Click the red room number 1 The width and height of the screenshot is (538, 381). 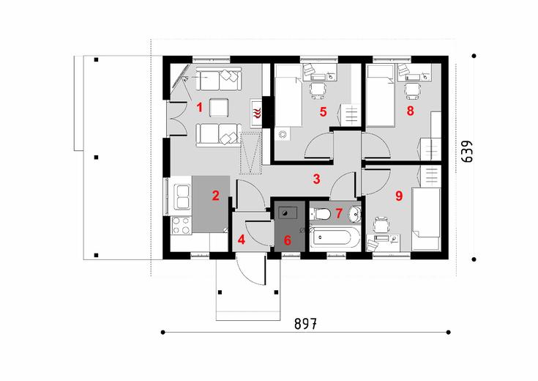[x=199, y=108]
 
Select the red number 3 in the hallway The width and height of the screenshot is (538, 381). [x=316, y=178]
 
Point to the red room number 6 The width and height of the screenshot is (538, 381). [x=287, y=240]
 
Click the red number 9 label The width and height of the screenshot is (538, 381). [x=398, y=196]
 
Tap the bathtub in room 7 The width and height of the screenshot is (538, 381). [x=335, y=239]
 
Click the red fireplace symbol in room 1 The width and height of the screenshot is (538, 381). [x=257, y=112]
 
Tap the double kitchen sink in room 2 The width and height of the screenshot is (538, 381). [x=179, y=197]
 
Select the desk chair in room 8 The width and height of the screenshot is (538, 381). [x=411, y=89]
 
